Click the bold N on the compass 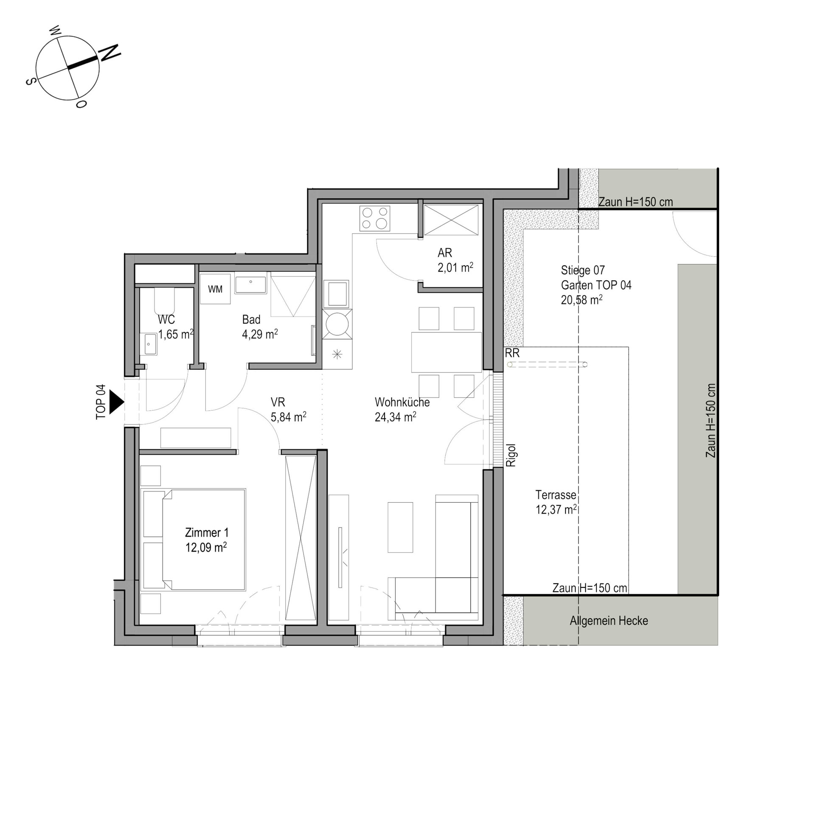[x=110, y=52]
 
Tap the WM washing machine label [x=215, y=289]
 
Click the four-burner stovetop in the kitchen [x=374, y=218]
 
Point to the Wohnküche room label [x=402, y=402]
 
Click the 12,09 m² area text [x=206, y=548]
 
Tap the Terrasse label [x=556, y=495]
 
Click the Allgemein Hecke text [x=609, y=621]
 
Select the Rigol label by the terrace [x=511, y=455]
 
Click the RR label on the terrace [x=512, y=353]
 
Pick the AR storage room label [x=444, y=253]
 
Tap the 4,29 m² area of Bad [x=260, y=334]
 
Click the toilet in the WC [x=164, y=301]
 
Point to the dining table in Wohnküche [x=446, y=352]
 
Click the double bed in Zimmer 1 [x=193, y=540]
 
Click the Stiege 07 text [x=582, y=270]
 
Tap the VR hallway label [x=278, y=402]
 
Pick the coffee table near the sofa [x=400, y=527]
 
